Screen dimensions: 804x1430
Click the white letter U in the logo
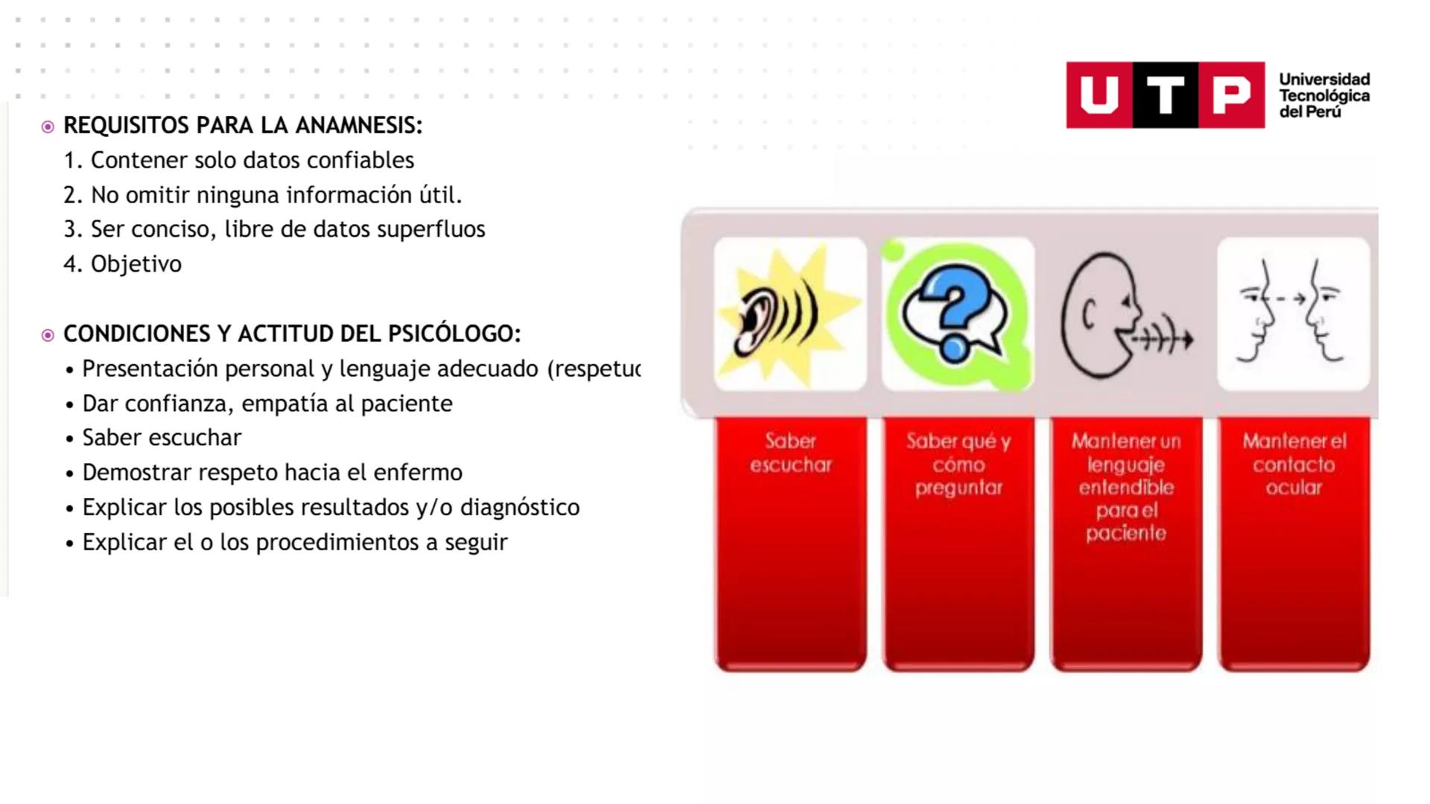(1099, 95)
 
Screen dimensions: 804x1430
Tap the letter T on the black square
(1166, 95)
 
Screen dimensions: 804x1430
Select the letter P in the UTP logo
(1231, 95)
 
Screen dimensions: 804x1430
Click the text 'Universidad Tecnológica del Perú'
(1324, 95)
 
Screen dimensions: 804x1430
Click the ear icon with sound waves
(789, 313)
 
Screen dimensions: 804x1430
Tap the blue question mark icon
(958, 313)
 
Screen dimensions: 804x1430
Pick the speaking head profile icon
(1125, 313)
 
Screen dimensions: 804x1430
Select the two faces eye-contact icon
(1293, 313)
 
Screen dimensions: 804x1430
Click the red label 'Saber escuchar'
(790, 453)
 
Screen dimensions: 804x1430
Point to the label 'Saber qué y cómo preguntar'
(959, 464)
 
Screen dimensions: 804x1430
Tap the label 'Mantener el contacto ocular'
(1294, 464)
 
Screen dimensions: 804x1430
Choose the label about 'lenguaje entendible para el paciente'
(1126, 487)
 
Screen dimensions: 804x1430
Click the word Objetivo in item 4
(136, 264)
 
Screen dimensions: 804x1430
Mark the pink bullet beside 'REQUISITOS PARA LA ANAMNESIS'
(48, 127)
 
